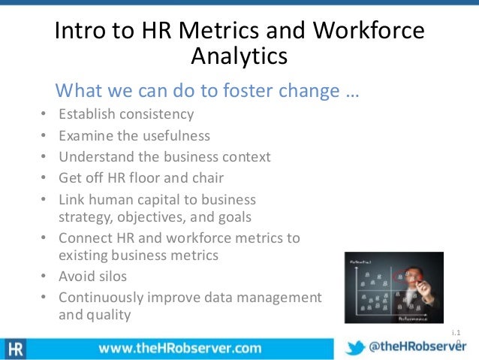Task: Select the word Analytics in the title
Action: tap(239, 57)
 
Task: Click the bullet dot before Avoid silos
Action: tap(42, 277)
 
